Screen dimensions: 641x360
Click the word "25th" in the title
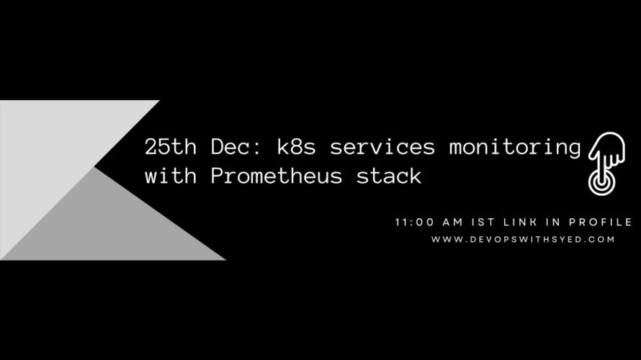tap(171, 146)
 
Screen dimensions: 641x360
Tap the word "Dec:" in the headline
tap(236, 146)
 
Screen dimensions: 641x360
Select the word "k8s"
tap(297, 146)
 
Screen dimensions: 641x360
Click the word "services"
tap(382, 147)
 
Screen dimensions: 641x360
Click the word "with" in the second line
tap(171, 176)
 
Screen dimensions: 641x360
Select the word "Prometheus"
tap(277, 176)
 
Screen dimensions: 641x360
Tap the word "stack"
tap(389, 176)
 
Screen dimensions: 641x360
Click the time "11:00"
tap(415, 222)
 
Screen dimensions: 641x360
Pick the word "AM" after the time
tap(453, 222)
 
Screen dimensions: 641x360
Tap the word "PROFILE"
tap(601, 222)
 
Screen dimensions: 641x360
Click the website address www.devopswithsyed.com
tap(523, 240)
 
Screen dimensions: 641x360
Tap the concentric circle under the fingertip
tap(601, 182)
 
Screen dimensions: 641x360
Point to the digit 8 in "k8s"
tap(297, 147)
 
